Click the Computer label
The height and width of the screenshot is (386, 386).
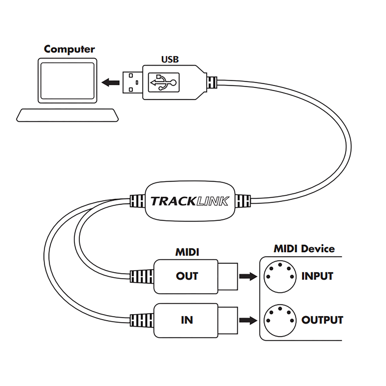click(x=69, y=49)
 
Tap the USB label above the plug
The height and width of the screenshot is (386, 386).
click(x=170, y=59)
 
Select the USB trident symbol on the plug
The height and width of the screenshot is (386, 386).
click(x=164, y=82)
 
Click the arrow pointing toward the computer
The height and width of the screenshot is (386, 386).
click(x=111, y=82)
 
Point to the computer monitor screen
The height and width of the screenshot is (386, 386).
click(x=67, y=81)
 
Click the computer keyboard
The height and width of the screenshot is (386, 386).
click(x=67, y=115)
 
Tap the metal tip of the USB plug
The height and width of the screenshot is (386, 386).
click(x=133, y=82)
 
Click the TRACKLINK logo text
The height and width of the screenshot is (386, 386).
click(x=190, y=201)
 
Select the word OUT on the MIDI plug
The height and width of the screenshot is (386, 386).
click(x=187, y=276)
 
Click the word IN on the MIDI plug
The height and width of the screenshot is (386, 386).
click(x=187, y=320)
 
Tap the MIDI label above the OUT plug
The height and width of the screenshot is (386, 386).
click(x=187, y=252)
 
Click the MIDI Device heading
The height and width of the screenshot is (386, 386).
click(x=304, y=249)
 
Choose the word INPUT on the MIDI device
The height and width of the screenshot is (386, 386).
click(x=317, y=276)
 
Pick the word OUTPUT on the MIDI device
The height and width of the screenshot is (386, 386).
click(x=322, y=320)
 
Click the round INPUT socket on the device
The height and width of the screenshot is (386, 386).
click(x=280, y=277)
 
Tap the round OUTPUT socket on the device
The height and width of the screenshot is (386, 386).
click(x=280, y=320)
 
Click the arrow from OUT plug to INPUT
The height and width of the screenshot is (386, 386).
click(x=248, y=277)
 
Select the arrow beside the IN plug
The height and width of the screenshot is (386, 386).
click(x=248, y=320)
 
